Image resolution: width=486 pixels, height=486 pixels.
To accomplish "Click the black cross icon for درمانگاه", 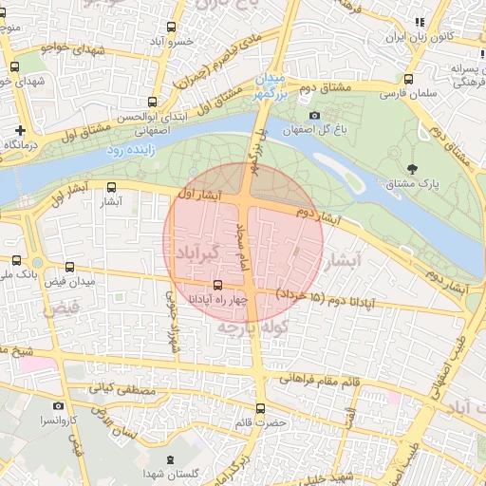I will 20,129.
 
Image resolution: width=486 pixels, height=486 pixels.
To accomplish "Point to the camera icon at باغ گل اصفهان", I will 315,116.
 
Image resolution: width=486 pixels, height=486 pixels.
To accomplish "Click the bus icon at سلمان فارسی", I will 409,80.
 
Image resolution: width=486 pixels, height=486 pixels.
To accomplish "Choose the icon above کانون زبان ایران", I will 419,23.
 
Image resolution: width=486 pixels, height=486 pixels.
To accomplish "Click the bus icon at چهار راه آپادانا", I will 218,285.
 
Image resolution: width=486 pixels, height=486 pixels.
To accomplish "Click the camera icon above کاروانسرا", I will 58,405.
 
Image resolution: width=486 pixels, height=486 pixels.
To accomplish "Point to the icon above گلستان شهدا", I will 169,459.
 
